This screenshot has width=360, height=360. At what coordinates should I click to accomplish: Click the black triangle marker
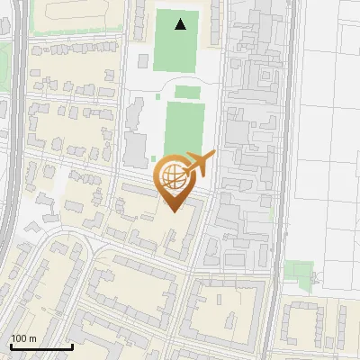[x=182, y=24]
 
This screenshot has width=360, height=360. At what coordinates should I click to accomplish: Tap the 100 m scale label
[x=23, y=338]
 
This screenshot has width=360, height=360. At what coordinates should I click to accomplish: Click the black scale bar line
[x=41, y=346]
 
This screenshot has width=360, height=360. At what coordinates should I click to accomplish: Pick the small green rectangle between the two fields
[x=187, y=92]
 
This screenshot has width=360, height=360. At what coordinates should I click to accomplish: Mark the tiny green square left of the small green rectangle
[x=158, y=95]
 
